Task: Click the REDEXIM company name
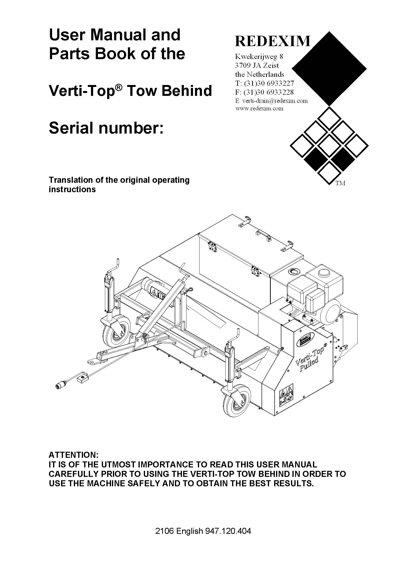pyautogui.click(x=272, y=41)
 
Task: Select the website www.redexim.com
pyautogui.click(x=259, y=109)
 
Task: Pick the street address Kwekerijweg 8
pyautogui.click(x=259, y=56)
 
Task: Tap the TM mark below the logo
pyautogui.click(x=340, y=183)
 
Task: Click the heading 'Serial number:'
pyautogui.click(x=106, y=128)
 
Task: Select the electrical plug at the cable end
pyautogui.click(x=60, y=386)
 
